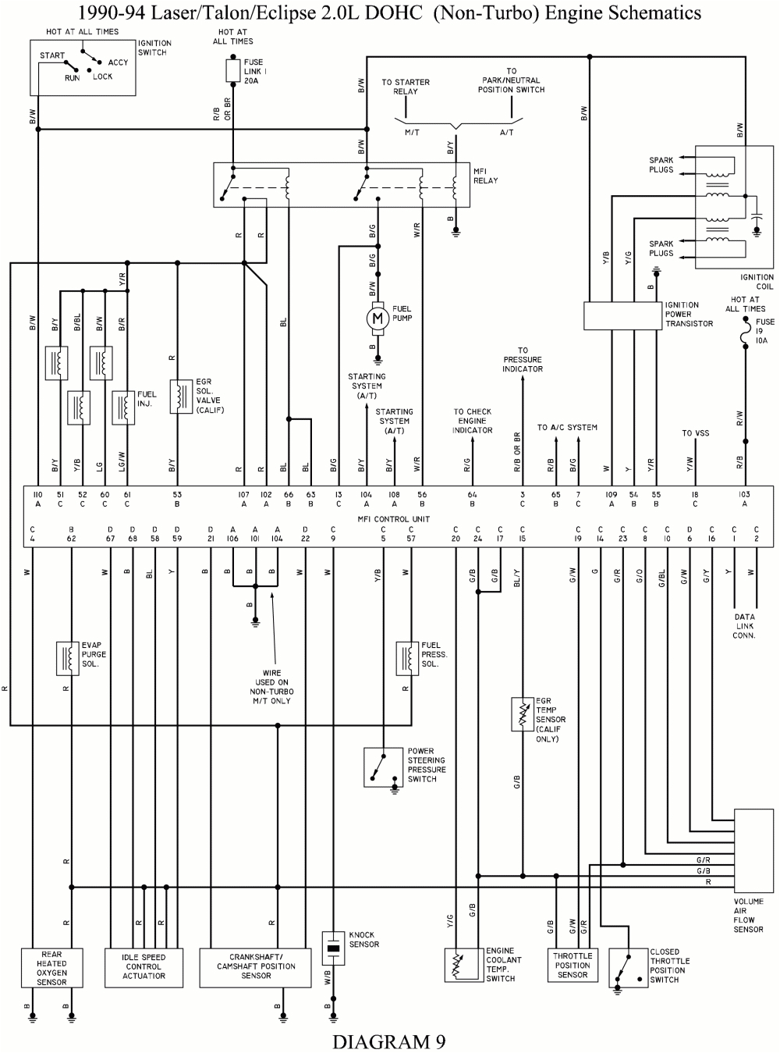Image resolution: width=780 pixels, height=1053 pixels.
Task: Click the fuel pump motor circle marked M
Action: pos(378,318)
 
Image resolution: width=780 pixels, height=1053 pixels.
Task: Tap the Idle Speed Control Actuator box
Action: pos(144,966)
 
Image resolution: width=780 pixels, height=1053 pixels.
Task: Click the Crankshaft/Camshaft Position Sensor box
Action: pos(256,966)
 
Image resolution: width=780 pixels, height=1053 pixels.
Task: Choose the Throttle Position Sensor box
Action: pos(573,965)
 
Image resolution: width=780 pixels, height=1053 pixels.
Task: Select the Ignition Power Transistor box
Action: pos(622,315)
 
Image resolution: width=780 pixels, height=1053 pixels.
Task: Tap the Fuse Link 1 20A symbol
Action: pos(232,71)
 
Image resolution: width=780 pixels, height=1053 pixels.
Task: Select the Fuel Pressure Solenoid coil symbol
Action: pos(406,656)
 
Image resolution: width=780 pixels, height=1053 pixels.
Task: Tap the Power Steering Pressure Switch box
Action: pos(384,767)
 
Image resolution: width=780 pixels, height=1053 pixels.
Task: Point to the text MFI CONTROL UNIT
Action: pos(394,519)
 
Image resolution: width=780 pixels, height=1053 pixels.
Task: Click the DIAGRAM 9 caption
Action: pos(389,1041)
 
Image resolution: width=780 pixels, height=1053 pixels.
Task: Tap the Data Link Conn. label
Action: pos(744,626)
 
